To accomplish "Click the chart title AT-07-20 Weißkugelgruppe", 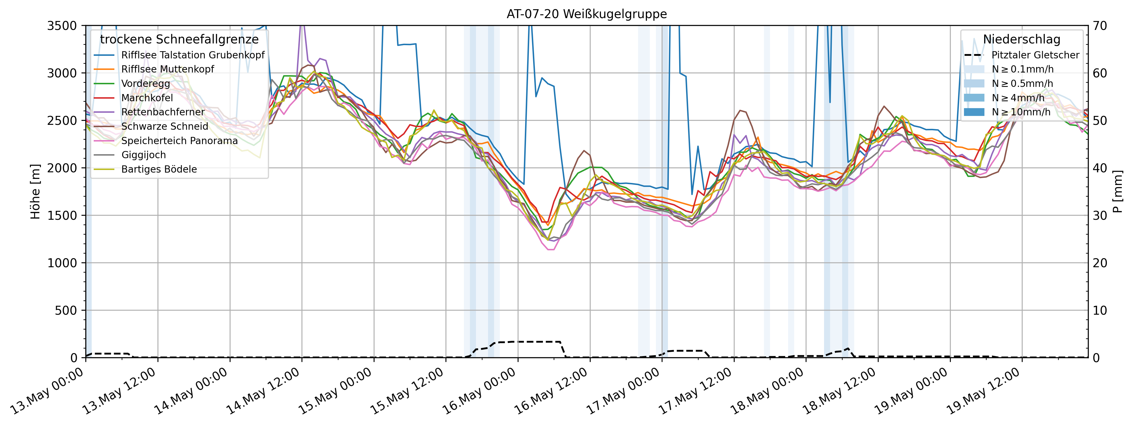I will click(x=586, y=14).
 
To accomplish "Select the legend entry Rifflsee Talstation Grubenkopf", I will click(x=193, y=55).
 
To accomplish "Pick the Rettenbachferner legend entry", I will click(x=163, y=112).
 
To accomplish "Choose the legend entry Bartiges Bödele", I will click(x=159, y=169).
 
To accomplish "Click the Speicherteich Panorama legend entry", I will click(x=179, y=141).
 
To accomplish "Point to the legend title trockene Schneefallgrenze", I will click(x=179, y=39).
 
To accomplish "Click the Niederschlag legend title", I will click(x=1021, y=39).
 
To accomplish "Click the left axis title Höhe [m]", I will click(x=35, y=192).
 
